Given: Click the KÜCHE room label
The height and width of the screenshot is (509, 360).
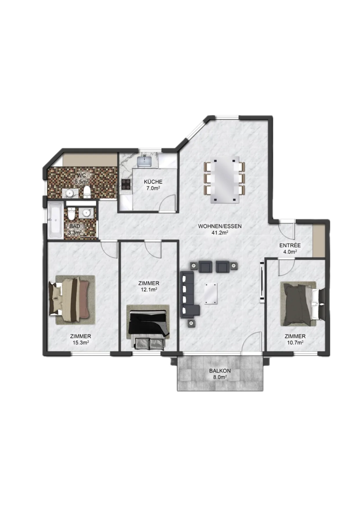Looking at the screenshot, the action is pyautogui.click(x=153, y=182).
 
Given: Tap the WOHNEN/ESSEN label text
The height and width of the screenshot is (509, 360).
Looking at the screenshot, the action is pyautogui.click(x=220, y=226).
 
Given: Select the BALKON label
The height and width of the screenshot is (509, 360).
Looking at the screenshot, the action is pyautogui.click(x=220, y=371).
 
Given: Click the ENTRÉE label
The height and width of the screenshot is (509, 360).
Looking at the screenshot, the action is pyautogui.click(x=290, y=246).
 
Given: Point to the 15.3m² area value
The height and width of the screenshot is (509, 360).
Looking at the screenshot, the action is pyautogui.click(x=81, y=342).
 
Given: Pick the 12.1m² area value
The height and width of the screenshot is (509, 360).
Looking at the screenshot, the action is pyautogui.click(x=149, y=289).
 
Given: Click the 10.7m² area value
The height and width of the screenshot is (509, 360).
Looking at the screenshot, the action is pyautogui.click(x=295, y=342).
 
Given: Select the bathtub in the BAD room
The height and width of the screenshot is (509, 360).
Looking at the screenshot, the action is pyautogui.click(x=55, y=221).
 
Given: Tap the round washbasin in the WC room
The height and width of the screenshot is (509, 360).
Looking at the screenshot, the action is pyautogui.click(x=70, y=193).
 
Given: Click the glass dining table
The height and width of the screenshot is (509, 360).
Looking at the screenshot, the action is pyautogui.click(x=225, y=179).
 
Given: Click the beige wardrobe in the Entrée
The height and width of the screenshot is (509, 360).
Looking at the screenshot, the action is pyautogui.click(x=319, y=241).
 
